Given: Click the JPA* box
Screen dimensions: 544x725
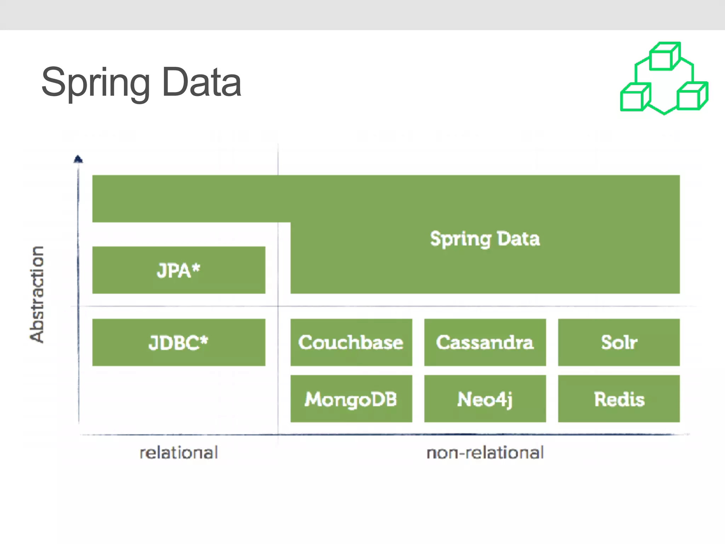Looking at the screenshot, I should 179,270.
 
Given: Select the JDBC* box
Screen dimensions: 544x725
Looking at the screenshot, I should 179,342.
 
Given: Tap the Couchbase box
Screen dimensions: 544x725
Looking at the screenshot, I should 351,342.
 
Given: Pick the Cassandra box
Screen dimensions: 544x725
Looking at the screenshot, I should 485,342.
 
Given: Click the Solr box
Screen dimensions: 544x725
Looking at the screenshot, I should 619,342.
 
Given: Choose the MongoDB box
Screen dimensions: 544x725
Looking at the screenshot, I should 351,399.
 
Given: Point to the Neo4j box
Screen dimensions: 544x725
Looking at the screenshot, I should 485,399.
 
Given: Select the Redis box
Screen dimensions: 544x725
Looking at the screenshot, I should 619,399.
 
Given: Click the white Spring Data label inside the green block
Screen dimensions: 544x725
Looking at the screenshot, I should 485,239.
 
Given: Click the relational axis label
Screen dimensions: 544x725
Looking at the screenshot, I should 179,453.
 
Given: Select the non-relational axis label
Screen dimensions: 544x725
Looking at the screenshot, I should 485,453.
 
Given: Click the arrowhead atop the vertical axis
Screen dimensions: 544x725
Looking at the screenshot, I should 78,159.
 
